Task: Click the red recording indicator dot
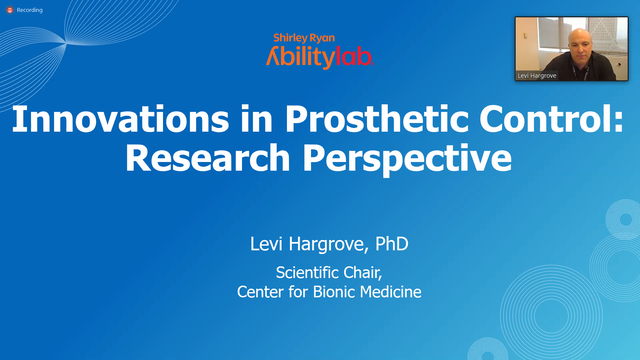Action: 10,10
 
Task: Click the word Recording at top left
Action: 30,10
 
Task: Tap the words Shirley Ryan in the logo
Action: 304,38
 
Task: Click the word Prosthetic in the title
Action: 377,119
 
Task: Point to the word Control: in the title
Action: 551,119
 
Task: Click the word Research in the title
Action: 208,159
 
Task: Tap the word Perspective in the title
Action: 407,159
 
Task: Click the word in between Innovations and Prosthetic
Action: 257,119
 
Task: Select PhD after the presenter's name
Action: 392,244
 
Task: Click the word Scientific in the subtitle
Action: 307,273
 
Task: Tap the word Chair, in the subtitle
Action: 363,273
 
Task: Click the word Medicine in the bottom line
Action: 391,292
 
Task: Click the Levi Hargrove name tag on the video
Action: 537,76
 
